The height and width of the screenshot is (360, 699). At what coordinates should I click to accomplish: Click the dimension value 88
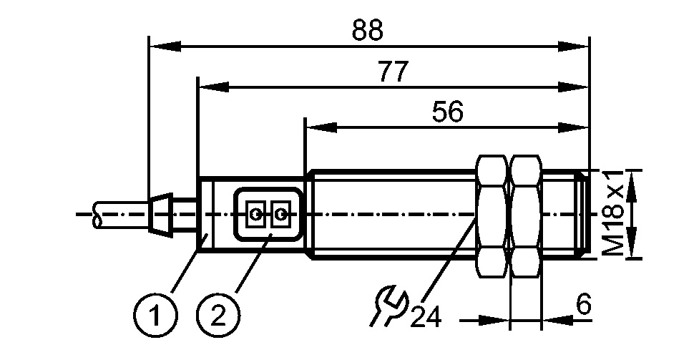(368, 30)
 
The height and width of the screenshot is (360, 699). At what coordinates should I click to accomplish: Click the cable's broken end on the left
(97, 214)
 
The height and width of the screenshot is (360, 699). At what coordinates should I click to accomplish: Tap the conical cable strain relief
(159, 213)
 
